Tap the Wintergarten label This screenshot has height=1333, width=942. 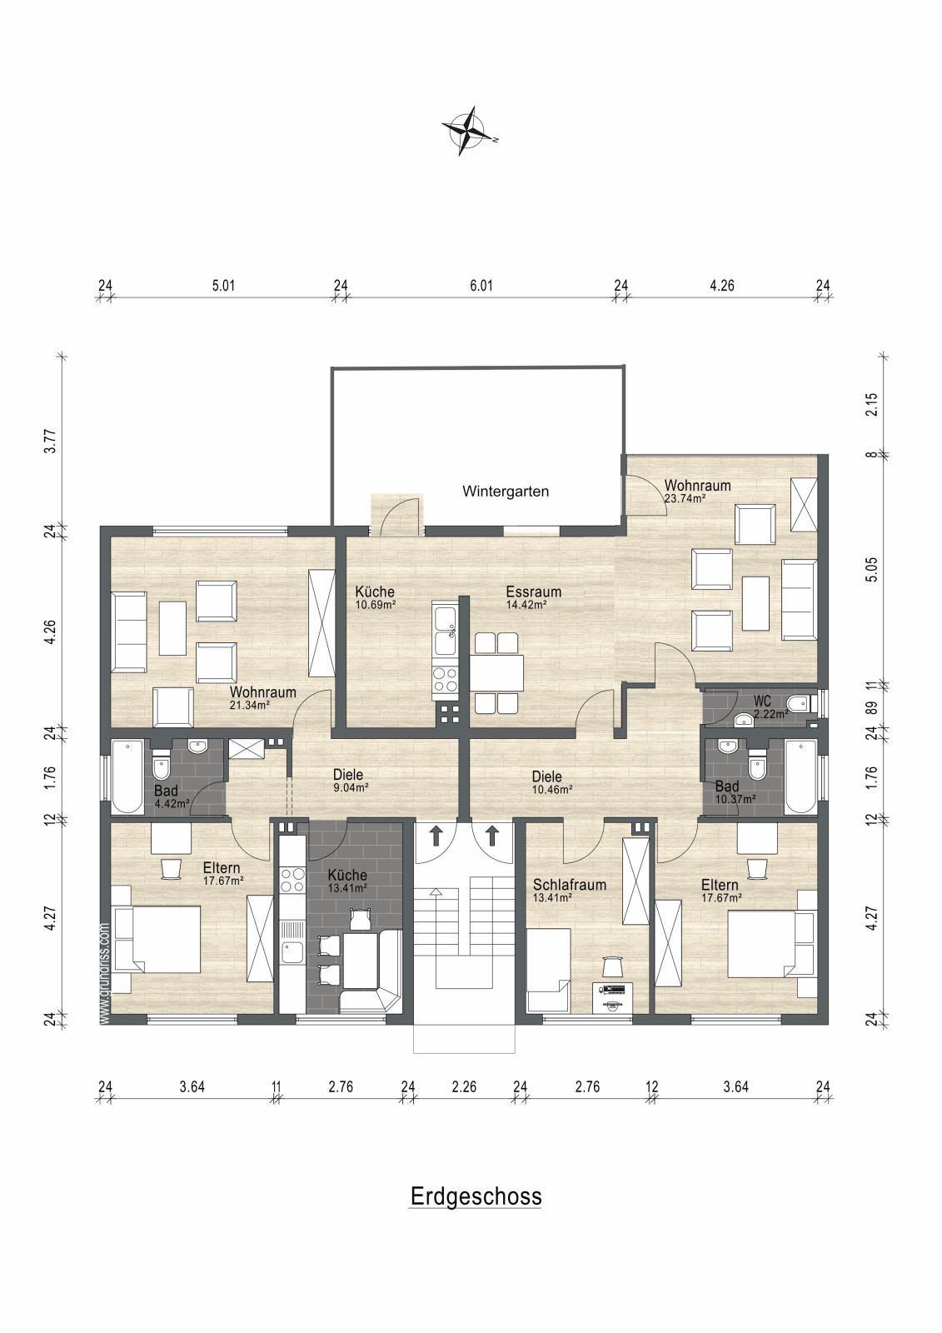coord(506,492)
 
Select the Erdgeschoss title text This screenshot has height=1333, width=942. coord(476,1196)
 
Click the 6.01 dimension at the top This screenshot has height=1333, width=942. coord(481,286)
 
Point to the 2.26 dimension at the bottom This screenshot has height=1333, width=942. coord(464,1087)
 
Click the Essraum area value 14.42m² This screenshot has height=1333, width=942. coord(526,605)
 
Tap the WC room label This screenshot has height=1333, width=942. coord(762,701)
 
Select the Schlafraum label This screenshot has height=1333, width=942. coord(570,885)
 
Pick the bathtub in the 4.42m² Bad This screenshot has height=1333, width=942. coord(127,776)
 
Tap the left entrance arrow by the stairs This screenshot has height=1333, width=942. coord(436,836)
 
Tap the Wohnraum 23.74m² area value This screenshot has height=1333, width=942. coord(685,498)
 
